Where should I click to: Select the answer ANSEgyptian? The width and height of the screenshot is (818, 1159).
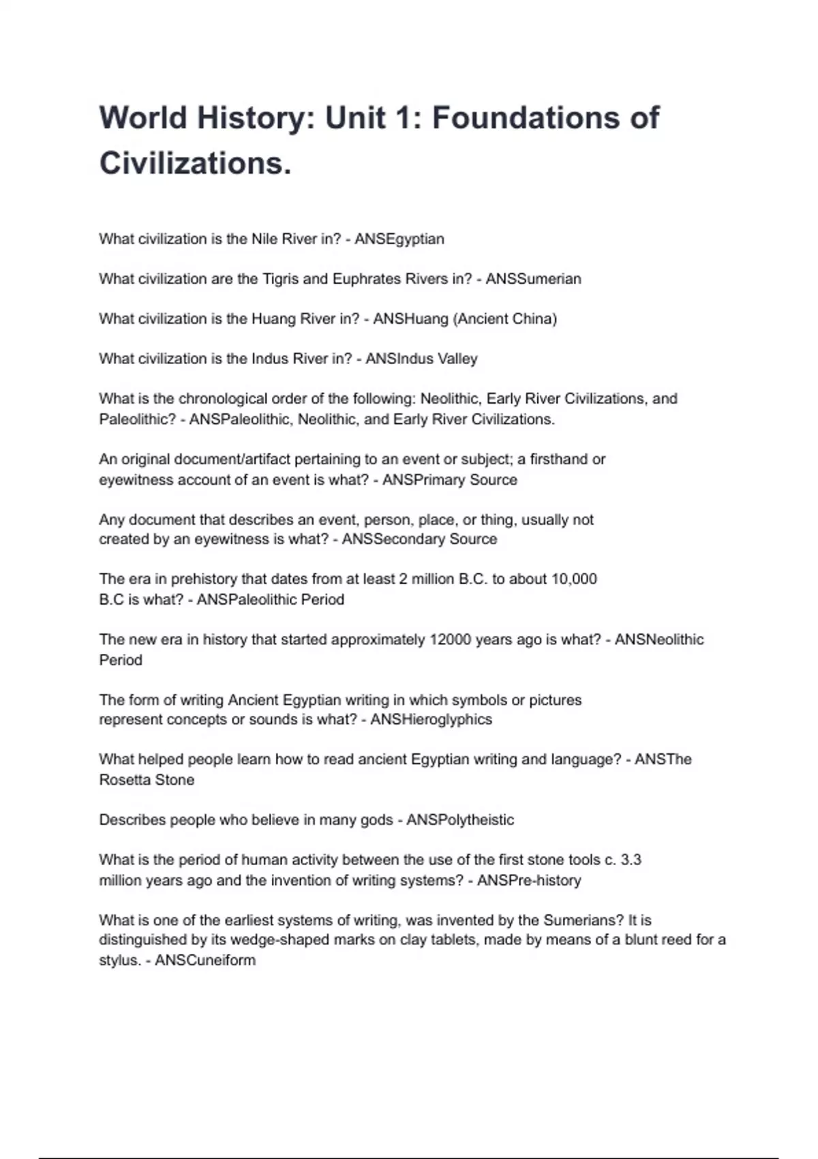click(x=399, y=239)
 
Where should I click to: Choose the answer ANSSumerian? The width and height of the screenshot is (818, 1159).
click(x=533, y=279)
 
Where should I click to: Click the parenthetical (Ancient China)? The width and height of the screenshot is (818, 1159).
click(x=504, y=319)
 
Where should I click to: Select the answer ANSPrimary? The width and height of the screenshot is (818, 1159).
click(x=424, y=480)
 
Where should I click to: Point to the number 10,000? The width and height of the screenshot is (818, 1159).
click(x=573, y=579)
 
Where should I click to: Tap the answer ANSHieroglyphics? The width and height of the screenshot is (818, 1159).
click(x=431, y=720)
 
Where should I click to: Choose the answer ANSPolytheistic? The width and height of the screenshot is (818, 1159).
click(x=460, y=820)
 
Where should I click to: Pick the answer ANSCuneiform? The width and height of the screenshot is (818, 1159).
click(x=205, y=961)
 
